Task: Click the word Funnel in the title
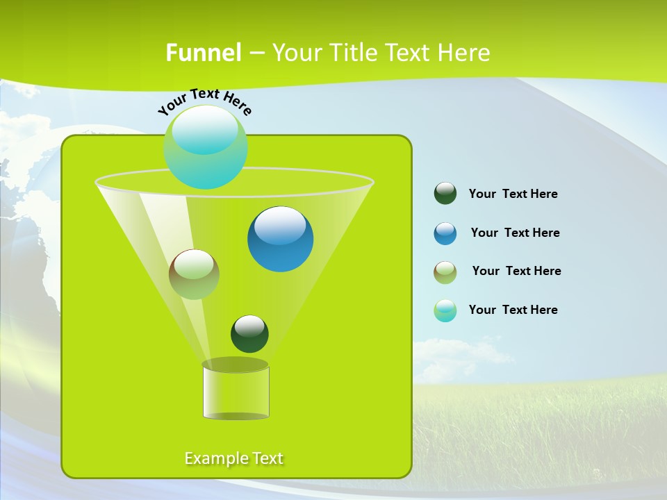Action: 204,53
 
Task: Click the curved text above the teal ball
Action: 205,101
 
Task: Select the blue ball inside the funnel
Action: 281,240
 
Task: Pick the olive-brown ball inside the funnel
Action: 194,274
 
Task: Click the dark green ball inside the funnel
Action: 249,334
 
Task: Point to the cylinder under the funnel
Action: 236,392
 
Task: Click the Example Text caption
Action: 234,458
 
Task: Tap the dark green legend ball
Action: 445,194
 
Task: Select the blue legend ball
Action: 445,233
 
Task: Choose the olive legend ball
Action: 445,272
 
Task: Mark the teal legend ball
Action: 445,310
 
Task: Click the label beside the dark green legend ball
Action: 513,194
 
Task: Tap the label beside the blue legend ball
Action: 515,233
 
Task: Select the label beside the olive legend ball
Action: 516,271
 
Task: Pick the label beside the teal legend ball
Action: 513,310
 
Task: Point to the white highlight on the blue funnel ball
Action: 280,225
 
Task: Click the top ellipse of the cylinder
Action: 236,365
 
